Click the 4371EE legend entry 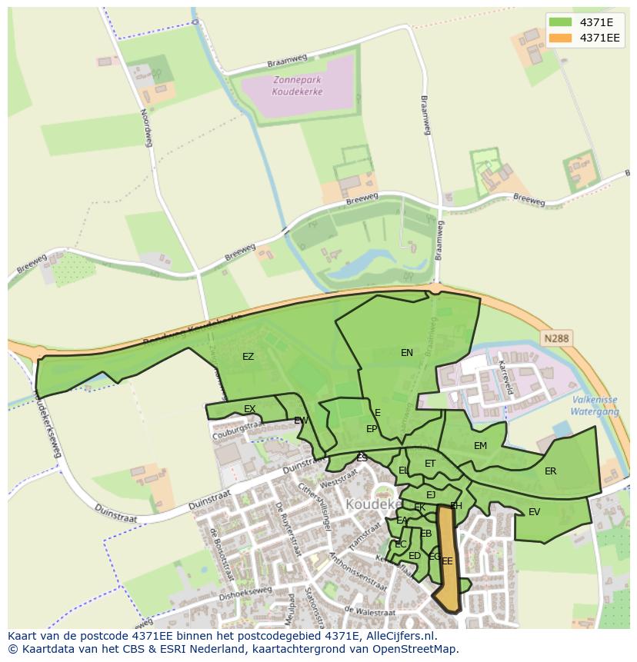(x=599, y=38)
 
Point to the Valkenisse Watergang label (x=595, y=405)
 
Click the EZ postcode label (x=248, y=357)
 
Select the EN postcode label (x=407, y=353)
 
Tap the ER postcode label (x=550, y=471)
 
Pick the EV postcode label (x=534, y=512)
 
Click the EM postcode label (x=480, y=446)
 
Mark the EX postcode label (x=249, y=409)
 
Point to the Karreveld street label (x=505, y=378)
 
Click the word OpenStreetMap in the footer (x=419, y=649)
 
